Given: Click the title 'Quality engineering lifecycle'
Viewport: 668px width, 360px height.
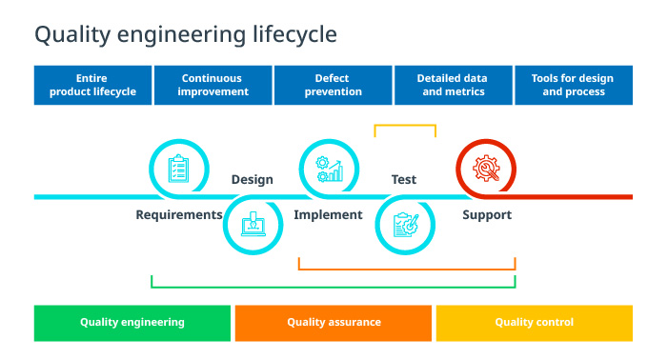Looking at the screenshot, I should coord(185,35).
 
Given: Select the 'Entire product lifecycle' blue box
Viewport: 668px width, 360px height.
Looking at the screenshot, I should coord(93,85).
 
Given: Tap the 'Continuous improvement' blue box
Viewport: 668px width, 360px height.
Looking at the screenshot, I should coord(213,85).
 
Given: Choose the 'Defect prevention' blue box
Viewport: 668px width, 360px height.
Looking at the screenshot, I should coord(333,85).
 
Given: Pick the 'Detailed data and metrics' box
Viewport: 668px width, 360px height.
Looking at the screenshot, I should coord(453,85).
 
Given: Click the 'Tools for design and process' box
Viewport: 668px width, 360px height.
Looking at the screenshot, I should coord(573,85).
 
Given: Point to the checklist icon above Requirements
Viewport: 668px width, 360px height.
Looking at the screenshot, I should coord(178,169).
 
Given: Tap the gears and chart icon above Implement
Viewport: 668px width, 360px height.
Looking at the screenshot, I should coord(329,169).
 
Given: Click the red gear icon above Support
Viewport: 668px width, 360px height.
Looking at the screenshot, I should coord(485,169).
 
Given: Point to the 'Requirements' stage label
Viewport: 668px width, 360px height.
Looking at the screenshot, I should coord(179,215).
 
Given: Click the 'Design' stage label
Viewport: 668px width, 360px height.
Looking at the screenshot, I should coord(252,179).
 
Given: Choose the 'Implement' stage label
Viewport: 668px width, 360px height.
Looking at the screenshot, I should coord(328,215).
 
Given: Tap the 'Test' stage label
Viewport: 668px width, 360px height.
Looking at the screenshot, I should coord(404,179).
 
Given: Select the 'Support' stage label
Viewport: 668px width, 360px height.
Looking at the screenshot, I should coord(487,215).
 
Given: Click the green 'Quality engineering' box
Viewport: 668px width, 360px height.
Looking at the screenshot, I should coord(132,322).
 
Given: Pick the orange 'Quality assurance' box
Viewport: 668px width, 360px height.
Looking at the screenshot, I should coord(334,322).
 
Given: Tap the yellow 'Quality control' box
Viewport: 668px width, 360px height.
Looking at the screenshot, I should coord(534,322).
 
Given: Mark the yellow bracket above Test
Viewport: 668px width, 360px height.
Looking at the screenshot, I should coord(405,125).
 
